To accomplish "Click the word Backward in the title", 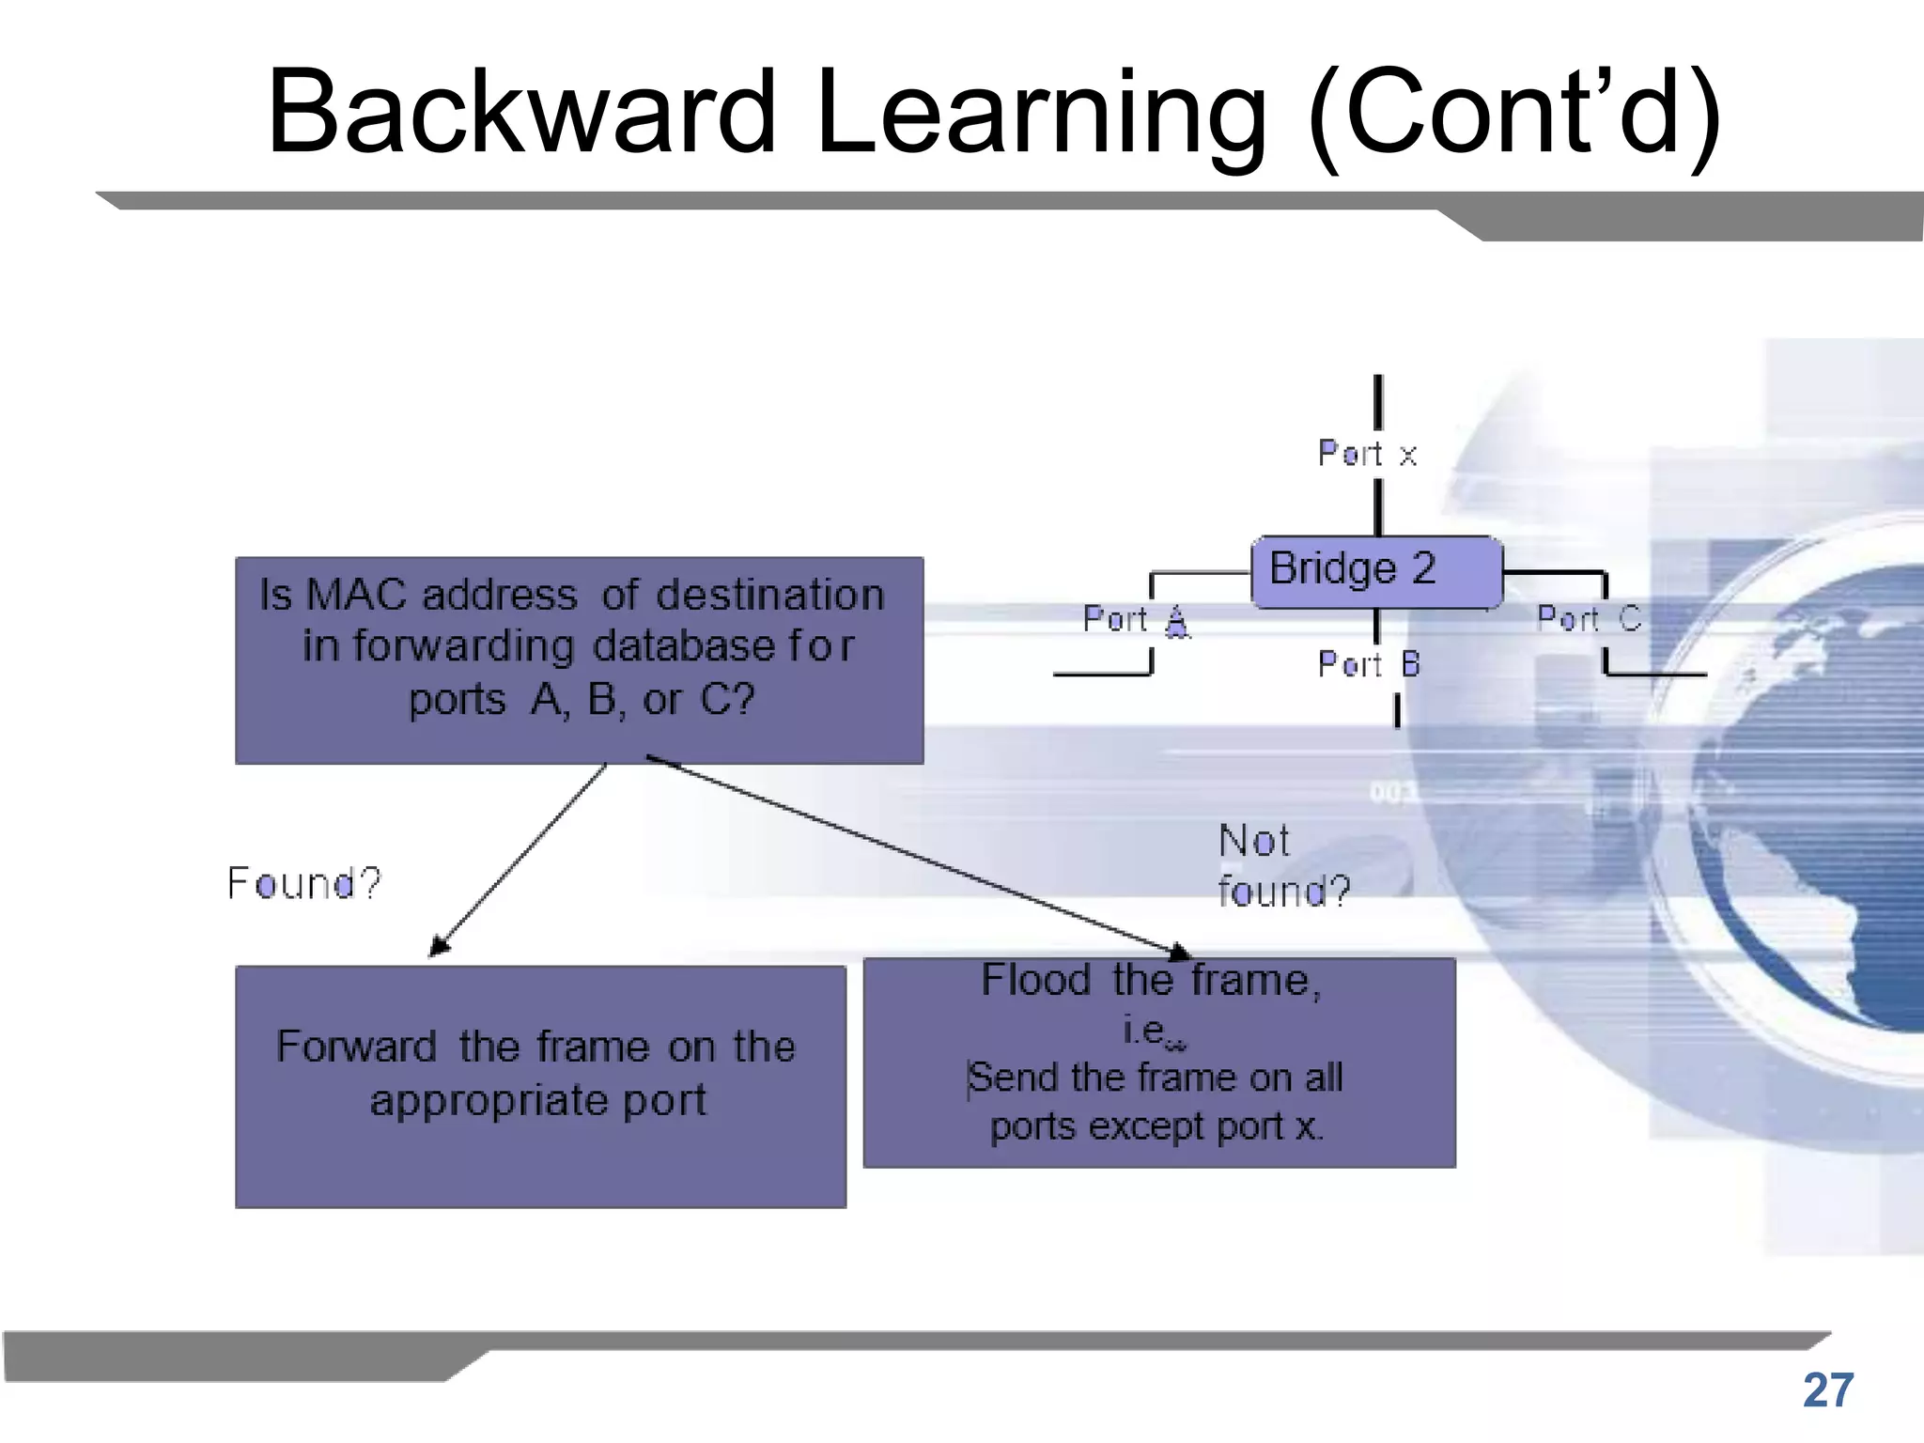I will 521,113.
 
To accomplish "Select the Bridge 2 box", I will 1376,571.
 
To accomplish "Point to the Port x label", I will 1367,454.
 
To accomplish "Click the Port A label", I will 1136,620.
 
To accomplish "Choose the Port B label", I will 1369,664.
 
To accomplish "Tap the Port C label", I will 1589,618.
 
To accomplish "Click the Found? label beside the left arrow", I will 303,883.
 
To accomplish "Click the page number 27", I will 1827,1390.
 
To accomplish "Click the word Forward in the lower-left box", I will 356,1047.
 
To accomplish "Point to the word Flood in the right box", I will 1035,981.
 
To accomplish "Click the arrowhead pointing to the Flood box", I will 1178,953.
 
